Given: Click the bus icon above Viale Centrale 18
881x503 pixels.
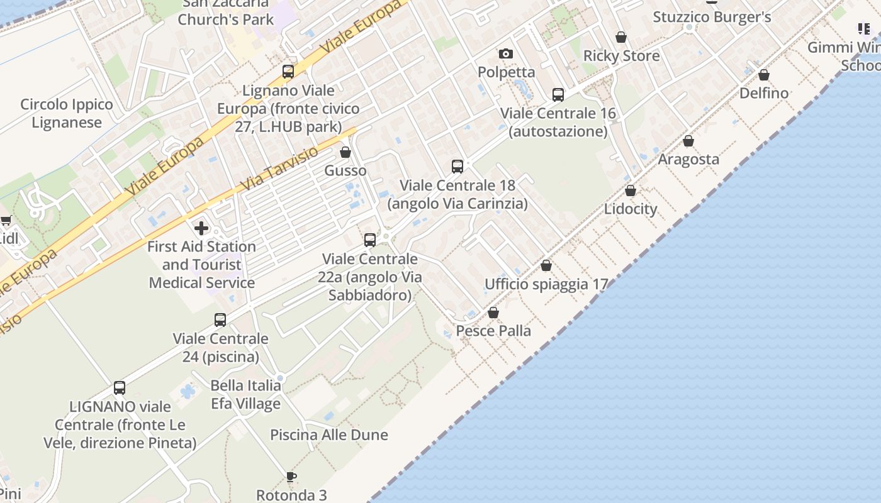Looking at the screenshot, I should click(x=457, y=167).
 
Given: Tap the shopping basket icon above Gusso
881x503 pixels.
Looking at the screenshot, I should click(x=345, y=152).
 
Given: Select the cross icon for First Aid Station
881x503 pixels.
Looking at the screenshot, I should click(x=201, y=228).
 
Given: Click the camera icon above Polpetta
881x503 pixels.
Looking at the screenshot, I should click(x=505, y=54).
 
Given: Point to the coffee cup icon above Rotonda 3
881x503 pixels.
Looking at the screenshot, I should click(x=291, y=476).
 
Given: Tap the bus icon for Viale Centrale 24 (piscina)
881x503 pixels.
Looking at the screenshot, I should click(x=220, y=320).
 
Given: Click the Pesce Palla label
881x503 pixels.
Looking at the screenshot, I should click(x=493, y=331).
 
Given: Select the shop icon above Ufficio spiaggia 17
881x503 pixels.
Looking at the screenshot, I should click(x=546, y=266).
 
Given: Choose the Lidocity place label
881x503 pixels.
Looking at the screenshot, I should click(x=631, y=209).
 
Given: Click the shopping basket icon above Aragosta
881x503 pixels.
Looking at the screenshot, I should click(x=688, y=141).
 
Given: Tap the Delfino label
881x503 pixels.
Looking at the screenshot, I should click(x=764, y=93).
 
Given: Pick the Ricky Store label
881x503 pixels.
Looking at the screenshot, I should click(x=622, y=55).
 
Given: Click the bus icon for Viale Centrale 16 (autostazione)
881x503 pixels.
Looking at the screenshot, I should click(x=558, y=95).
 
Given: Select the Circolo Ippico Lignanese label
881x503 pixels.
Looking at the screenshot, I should click(x=67, y=113).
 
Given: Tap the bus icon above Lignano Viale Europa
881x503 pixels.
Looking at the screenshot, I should click(x=288, y=72).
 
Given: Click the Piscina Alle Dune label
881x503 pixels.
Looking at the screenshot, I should click(x=329, y=434).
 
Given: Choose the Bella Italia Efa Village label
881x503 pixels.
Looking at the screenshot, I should click(x=245, y=394).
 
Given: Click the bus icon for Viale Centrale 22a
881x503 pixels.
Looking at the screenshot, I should click(x=370, y=240).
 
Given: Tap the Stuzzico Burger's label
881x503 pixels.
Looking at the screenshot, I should click(x=712, y=17).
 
